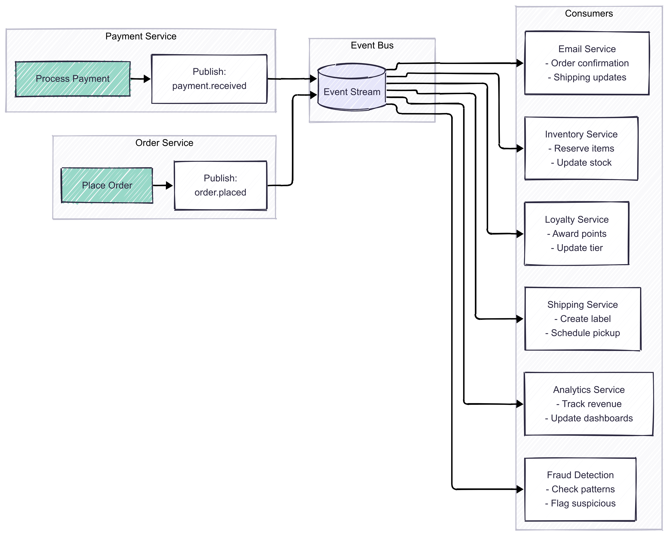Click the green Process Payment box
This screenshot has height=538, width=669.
(x=73, y=79)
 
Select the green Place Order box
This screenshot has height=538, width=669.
(x=107, y=185)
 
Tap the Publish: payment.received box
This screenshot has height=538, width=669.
(x=209, y=79)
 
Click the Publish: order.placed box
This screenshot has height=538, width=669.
(x=220, y=185)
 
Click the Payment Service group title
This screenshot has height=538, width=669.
(x=141, y=36)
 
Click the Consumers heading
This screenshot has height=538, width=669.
(x=589, y=13)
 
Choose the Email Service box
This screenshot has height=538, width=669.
(x=587, y=63)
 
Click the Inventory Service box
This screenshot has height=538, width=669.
(x=581, y=148)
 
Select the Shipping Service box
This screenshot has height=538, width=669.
(x=582, y=319)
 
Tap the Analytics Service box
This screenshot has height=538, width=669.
(x=589, y=404)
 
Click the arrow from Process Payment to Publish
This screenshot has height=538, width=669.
(x=140, y=79)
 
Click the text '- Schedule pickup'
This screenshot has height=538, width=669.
(x=582, y=333)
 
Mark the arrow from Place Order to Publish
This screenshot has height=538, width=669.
(x=163, y=185)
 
